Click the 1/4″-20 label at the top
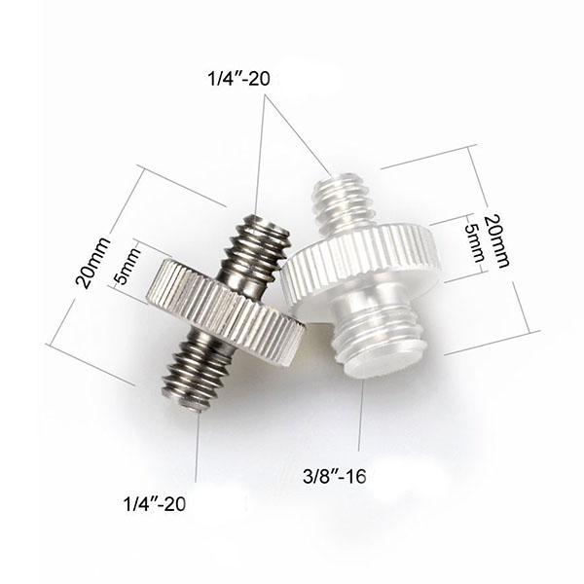pyautogui.click(x=239, y=79)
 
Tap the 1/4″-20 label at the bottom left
pyautogui.click(x=154, y=504)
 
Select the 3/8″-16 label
pyautogui.click(x=335, y=476)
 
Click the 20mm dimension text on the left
pyautogui.click(x=93, y=263)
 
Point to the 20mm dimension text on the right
pyautogui.click(x=497, y=240)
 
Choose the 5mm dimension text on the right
pyautogui.click(x=474, y=244)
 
